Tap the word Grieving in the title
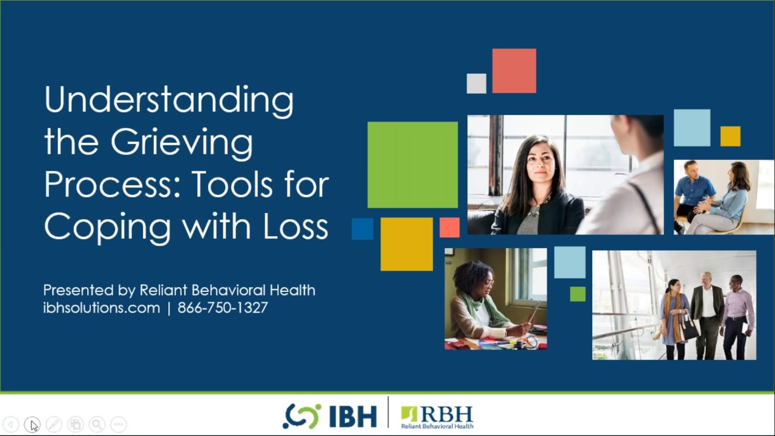pyautogui.click(x=182, y=143)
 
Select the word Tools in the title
pyautogui.click(x=236, y=184)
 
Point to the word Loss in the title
pyautogui.click(x=296, y=226)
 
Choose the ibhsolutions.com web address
pyautogui.click(x=102, y=308)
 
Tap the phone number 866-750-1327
pyautogui.click(x=223, y=308)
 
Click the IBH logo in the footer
pyautogui.click(x=330, y=416)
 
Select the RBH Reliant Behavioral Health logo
pyautogui.click(x=437, y=417)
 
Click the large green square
pyautogui.click(x=412, y=165)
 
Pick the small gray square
pyautogui.click(x=477, y=84)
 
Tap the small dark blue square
pyautogui.click(x=363, y=229)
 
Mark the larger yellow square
pyautogui.click(x=406, y=244)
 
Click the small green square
pyautogui.click(x=578, y=294)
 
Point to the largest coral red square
pyautogui.click(x=514, y=71)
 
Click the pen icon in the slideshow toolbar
pyautogui.click(x=54, y=424)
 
